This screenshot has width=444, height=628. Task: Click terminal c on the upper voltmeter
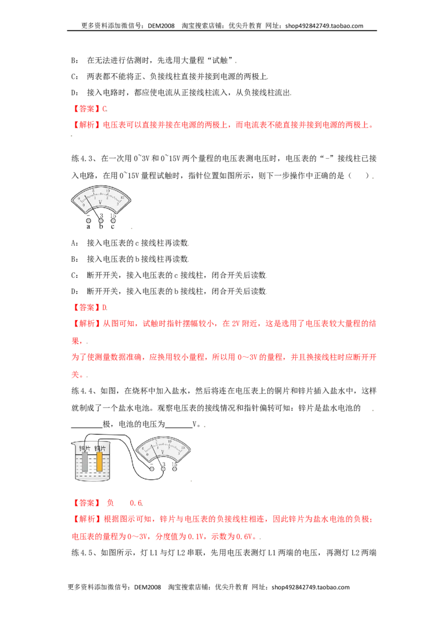(x=113, y=220)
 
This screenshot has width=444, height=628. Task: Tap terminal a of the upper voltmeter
(x=89, y=221)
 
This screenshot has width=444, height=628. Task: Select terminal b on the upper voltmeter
(x=101, y=220)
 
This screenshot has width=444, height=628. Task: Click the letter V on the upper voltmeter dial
(x=100, y=202)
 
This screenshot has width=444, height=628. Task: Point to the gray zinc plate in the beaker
(x=85, y=461)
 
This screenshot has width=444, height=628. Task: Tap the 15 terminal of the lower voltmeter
(x=175, y=469)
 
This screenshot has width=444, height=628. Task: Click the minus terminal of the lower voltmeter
(x=152, y=469)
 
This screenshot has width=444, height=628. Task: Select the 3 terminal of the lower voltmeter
(x=163, y=469)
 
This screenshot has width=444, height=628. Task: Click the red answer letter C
(x=104, y=109)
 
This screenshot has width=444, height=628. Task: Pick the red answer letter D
(x=104, y=307)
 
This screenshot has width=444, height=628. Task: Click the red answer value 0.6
(x=136, y=503)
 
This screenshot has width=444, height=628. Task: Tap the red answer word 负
(x=110, y=503)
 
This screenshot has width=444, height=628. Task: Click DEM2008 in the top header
(x=161, y=26)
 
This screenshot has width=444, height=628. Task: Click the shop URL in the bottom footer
(x=311, y=587)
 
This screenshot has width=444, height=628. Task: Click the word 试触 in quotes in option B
(x=220, y=60)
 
